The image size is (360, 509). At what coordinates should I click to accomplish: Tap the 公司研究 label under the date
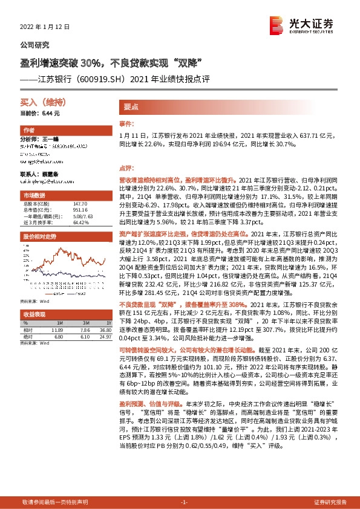click(x=35, y=45)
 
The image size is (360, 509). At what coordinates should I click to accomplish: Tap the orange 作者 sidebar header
click(x=29, y=131)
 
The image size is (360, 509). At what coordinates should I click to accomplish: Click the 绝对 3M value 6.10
click(x=85, y=337)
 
